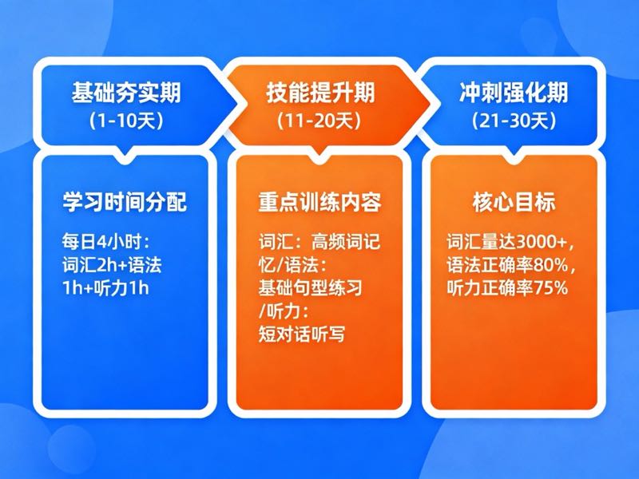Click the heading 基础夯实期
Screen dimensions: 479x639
(125, 93)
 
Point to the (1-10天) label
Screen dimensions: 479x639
(125, 121)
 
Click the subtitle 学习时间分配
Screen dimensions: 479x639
(125, 202)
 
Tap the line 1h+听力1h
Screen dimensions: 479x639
(105, 287)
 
